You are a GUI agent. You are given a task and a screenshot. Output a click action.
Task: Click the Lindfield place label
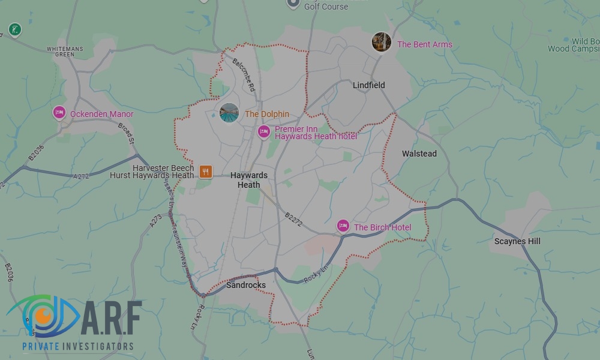[368, 85]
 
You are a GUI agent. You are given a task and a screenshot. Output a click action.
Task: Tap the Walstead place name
[419, 154]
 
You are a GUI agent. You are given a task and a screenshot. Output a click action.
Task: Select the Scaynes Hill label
[517, 241]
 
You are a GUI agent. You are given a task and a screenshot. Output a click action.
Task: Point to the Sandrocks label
[246, 285]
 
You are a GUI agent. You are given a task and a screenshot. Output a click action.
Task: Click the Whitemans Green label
[62, 51]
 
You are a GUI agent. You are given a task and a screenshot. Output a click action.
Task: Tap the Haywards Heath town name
[249, 180]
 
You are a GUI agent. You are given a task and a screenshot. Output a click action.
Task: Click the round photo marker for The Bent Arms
[381, 43]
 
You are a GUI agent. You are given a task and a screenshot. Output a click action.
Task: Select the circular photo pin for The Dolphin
[229, 113]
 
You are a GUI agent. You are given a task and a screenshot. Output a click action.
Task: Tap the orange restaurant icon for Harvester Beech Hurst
[206, 172]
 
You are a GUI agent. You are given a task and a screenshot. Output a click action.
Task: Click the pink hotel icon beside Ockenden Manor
[59, 112]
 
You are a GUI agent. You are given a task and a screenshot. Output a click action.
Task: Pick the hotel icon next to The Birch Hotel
[343, 226]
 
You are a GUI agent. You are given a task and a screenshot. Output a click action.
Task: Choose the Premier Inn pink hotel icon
[263, 132]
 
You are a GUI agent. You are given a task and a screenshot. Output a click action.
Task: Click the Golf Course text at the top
[326, 7]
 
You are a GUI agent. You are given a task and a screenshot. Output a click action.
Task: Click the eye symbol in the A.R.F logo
[42, 316]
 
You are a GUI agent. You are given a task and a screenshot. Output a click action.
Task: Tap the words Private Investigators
[78, 346]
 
